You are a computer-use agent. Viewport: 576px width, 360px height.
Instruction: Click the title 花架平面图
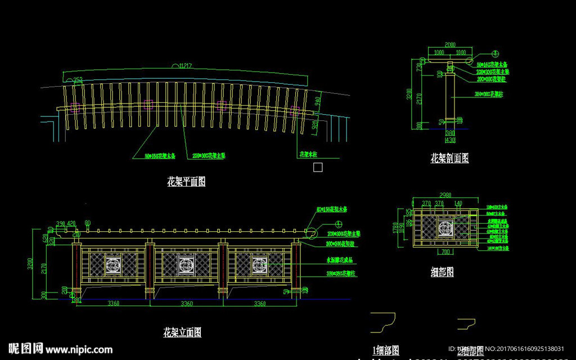click(x=186, y=182)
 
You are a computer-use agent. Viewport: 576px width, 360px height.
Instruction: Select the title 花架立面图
click(x=182, y=332)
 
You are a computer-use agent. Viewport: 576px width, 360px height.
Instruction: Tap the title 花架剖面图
click(x=449, y=158)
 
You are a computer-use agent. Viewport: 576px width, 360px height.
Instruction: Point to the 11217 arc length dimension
click(x=186, y=66)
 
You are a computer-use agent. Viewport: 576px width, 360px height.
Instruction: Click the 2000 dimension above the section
click(x=449, y=44)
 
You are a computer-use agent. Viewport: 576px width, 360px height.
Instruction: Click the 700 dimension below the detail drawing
click(x=445, y=251)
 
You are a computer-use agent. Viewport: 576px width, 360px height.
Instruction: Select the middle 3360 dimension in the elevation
click(x=186, y=304)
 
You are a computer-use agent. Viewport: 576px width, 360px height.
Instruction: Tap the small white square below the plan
click(x=318, y=167)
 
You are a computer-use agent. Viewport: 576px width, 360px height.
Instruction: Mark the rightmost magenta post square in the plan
click(x=294, y=111)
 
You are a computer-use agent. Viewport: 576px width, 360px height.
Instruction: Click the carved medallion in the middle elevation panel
click(x=186, y=263)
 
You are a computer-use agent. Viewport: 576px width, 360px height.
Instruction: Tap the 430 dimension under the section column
click(x=450, y=139)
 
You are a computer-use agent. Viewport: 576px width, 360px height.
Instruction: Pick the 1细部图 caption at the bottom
click(x=386, y=350)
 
